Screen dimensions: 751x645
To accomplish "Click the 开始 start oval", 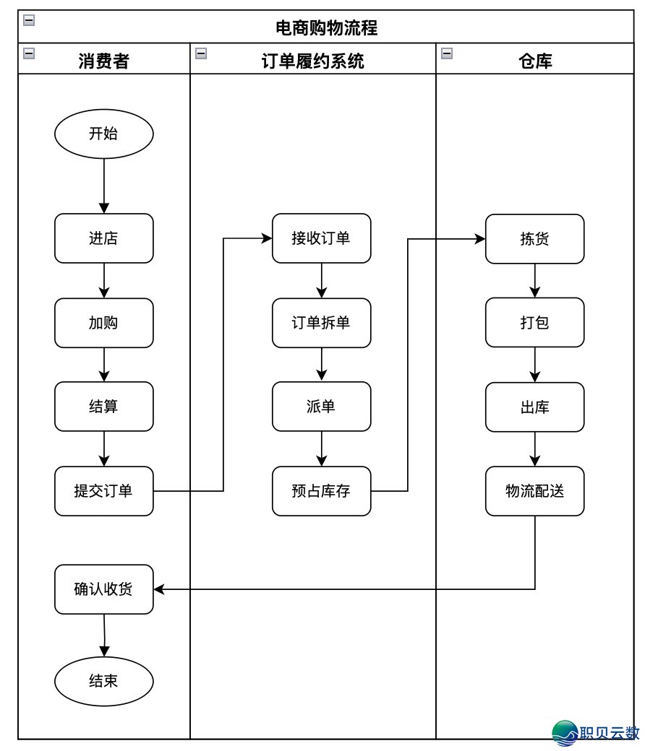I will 104,134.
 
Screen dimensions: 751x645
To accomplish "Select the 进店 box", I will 104,238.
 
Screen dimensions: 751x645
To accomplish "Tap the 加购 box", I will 104,323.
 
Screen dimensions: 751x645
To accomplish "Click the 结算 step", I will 104,407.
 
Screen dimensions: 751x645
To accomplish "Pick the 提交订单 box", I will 104,491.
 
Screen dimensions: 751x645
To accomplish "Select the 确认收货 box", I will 104,589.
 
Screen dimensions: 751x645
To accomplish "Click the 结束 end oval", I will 104,681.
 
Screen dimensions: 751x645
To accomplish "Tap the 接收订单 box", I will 321,238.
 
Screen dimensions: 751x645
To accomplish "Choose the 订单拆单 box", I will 321,323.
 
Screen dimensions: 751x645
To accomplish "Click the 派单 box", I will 321,407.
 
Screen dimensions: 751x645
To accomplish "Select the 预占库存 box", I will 321,491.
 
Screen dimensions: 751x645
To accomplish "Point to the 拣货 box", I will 534,238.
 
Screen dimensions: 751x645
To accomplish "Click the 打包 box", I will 534,322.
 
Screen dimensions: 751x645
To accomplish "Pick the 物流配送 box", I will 534,491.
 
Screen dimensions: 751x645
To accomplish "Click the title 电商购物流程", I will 326,28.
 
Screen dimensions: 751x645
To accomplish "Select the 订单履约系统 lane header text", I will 312,61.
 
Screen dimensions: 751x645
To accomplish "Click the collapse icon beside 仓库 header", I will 447,53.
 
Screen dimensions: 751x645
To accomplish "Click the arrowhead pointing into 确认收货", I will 159,589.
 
